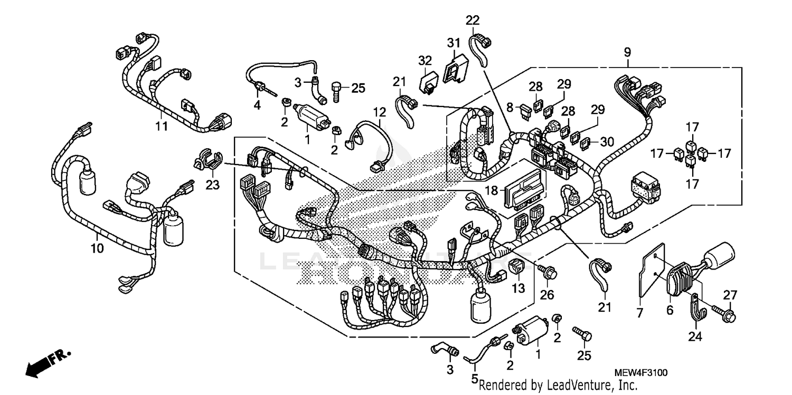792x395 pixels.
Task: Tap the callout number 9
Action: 627,52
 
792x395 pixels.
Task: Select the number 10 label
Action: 97,247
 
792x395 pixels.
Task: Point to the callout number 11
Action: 161,126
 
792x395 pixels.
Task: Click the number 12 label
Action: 379,112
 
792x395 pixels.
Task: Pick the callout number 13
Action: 518,288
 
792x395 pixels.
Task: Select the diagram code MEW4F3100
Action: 640,373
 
